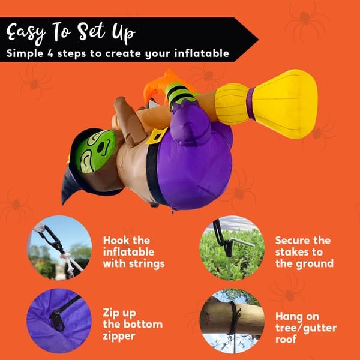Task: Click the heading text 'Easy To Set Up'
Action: tap(71, 33)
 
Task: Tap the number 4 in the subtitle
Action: tap(50, 53)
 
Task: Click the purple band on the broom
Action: tap(250, 104)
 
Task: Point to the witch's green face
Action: tap(95, 151)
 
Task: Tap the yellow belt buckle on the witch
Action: tap(157, 136)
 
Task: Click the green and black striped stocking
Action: tap(179, 95)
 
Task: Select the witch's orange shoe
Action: tap(161, 85)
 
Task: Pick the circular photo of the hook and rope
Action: tap(59, 248)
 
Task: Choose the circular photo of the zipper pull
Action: tap(59, 321)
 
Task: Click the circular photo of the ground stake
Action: tap(232, 248)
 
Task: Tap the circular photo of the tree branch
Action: tap(232, 321)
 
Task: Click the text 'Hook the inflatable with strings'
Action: tap(134, 252)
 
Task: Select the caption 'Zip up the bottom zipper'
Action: tap(133, 324)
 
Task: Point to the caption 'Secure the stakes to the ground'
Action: tap(304, 252)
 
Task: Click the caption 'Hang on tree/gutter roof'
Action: tap(306, 328)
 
